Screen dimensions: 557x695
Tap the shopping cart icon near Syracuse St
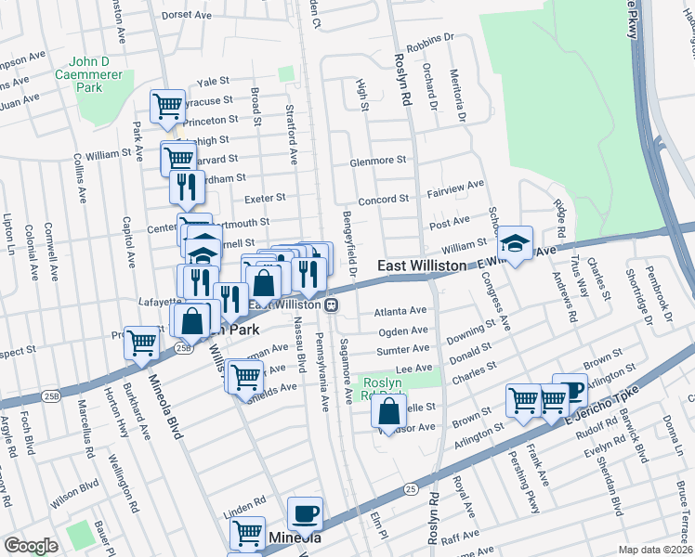[167, 105]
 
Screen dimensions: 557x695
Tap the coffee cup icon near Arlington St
[569, 391]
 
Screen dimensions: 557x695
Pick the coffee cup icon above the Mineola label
[305, 513]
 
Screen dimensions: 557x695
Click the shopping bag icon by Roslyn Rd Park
[388, 409]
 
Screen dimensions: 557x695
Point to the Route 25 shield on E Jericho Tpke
[410, 486]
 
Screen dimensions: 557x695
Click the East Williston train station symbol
[331, 304]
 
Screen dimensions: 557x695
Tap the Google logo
[31, 546]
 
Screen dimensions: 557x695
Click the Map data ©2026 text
[655, 550]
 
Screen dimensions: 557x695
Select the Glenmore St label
[378, 160]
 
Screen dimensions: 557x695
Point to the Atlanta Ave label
[400, 311]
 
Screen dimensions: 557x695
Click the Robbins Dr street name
[430, 38]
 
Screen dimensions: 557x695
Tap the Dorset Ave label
[188, 15]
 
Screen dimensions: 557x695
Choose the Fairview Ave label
[455, 185]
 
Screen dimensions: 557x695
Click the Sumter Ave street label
[403, 349]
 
